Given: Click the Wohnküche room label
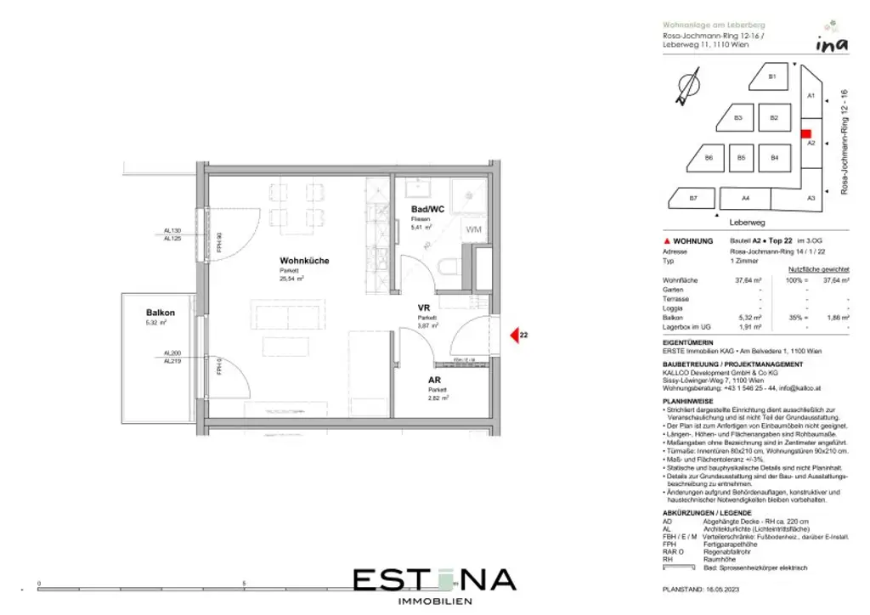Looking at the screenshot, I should [x=304, y=261].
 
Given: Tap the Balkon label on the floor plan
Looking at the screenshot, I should [x=159, y=313].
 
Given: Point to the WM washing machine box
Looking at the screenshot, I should [x=472, y=229].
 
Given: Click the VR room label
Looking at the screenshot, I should [x=423, y=307].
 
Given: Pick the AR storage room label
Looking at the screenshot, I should [x=434, y=381].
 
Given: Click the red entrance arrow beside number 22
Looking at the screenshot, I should [x=513, y=336].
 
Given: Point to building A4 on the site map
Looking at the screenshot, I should [x=745, y=199].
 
